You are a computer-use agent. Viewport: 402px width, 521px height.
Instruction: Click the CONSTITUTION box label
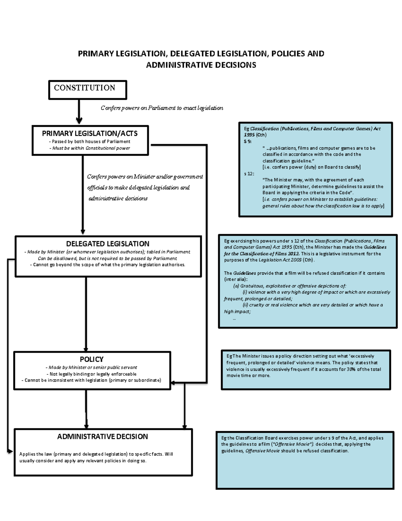84,88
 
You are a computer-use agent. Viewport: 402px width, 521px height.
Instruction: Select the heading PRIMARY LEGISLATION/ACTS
90,134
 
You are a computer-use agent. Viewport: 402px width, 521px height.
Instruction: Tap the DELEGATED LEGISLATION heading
108,244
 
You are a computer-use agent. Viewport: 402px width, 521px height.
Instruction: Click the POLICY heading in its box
91,359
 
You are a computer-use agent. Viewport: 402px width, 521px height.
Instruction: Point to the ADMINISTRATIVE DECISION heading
103,436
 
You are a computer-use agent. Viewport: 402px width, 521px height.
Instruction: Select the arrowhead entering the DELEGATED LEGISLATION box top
83,231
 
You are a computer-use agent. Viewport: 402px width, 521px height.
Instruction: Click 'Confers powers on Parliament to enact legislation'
162,108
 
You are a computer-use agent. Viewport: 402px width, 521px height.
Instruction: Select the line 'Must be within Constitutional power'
89,148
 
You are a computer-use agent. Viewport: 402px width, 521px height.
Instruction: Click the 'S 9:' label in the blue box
248,142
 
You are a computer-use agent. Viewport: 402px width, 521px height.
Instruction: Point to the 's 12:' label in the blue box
249,173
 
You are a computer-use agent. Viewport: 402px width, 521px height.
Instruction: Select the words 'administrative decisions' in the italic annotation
118,199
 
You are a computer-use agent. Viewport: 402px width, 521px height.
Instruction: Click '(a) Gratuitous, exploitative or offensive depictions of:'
289,286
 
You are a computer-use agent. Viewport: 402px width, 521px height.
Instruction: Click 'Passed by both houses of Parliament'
89,142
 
